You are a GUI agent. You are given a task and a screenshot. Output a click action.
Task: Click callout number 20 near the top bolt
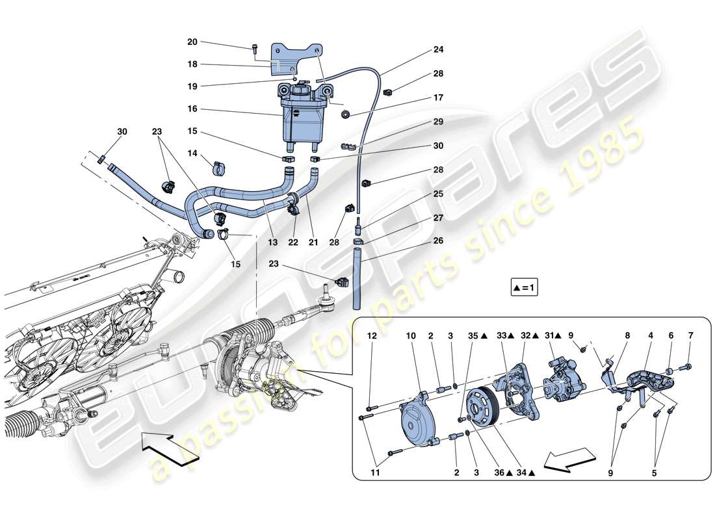tap(192, 42)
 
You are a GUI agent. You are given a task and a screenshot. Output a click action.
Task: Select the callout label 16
tap(192, 109)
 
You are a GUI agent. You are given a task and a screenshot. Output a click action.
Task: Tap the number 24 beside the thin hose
tap(438, 49)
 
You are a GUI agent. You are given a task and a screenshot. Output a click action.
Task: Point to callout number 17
tap(438, 97)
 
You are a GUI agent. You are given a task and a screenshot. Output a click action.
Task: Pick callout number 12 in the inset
tap(372, 336)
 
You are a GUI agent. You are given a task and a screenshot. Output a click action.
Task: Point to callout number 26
tap(438, 240)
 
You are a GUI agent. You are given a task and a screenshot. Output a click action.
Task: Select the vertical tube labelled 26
tap(356, 279)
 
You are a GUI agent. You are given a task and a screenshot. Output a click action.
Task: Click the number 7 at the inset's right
tap(690, 336)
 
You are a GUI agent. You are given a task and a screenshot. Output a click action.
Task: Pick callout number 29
tap(438, 122)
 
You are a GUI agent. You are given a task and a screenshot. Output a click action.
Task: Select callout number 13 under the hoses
tap(272, 242)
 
